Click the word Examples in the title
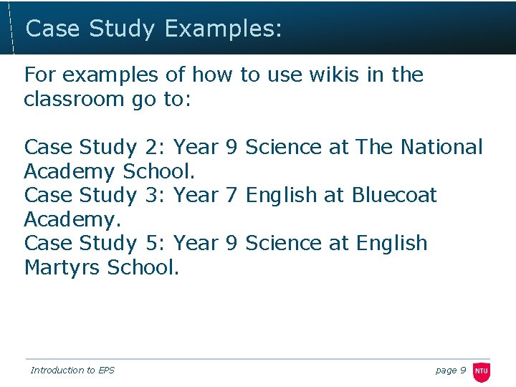pyautogui.click(x=223, y=29)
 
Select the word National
pyautogui.click(x=441, y=147)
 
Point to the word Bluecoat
pyautogui.click(x=394, y=195)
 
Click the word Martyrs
pyautogui.click(x=62, y=267)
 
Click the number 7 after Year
pyautogui.click(x=231, y=195)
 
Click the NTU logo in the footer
pyautogui.click(x=482, y=371)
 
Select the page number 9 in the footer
pyautogui.click(x=462, y=371)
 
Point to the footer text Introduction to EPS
pyautogui.click(x=72, y=371)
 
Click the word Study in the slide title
pyautogui.click(x=121, y=29)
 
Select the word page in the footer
pyautogui.click(x=446, y=371)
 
